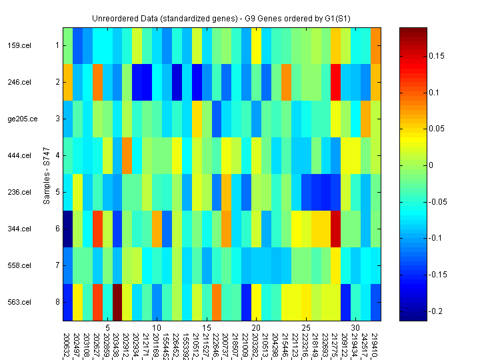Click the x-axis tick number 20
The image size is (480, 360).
coord(256,328)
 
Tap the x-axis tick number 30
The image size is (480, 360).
coord(356,328)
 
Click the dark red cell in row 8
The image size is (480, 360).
coord(118,303)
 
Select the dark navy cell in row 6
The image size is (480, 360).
coord(68,229)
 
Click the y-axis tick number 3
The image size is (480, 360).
coord(58,119)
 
